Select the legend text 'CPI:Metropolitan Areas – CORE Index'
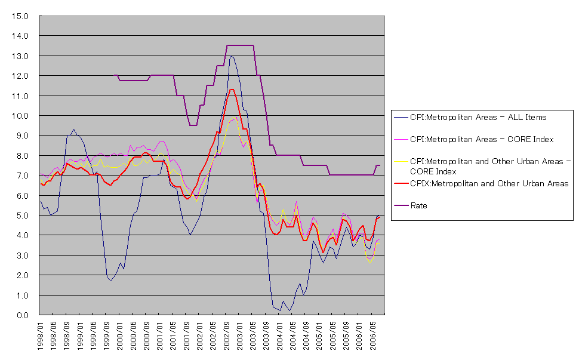click(482, 139)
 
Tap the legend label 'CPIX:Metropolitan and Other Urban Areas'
click(489, 183)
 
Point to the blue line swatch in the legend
click(401, 118)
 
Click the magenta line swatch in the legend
click(401, 139)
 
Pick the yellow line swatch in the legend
click(401, 161)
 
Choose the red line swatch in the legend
click(401, 183)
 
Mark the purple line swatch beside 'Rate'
click(401, 205)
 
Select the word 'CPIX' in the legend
click(420, 183)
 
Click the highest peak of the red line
click(232, 90)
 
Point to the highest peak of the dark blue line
click(230, 56)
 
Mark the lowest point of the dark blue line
click(290, 311)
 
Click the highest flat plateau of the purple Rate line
click(240, 45)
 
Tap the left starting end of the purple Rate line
click(114, 75)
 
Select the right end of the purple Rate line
click(380, 165)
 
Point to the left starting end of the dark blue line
click(40, 201)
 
